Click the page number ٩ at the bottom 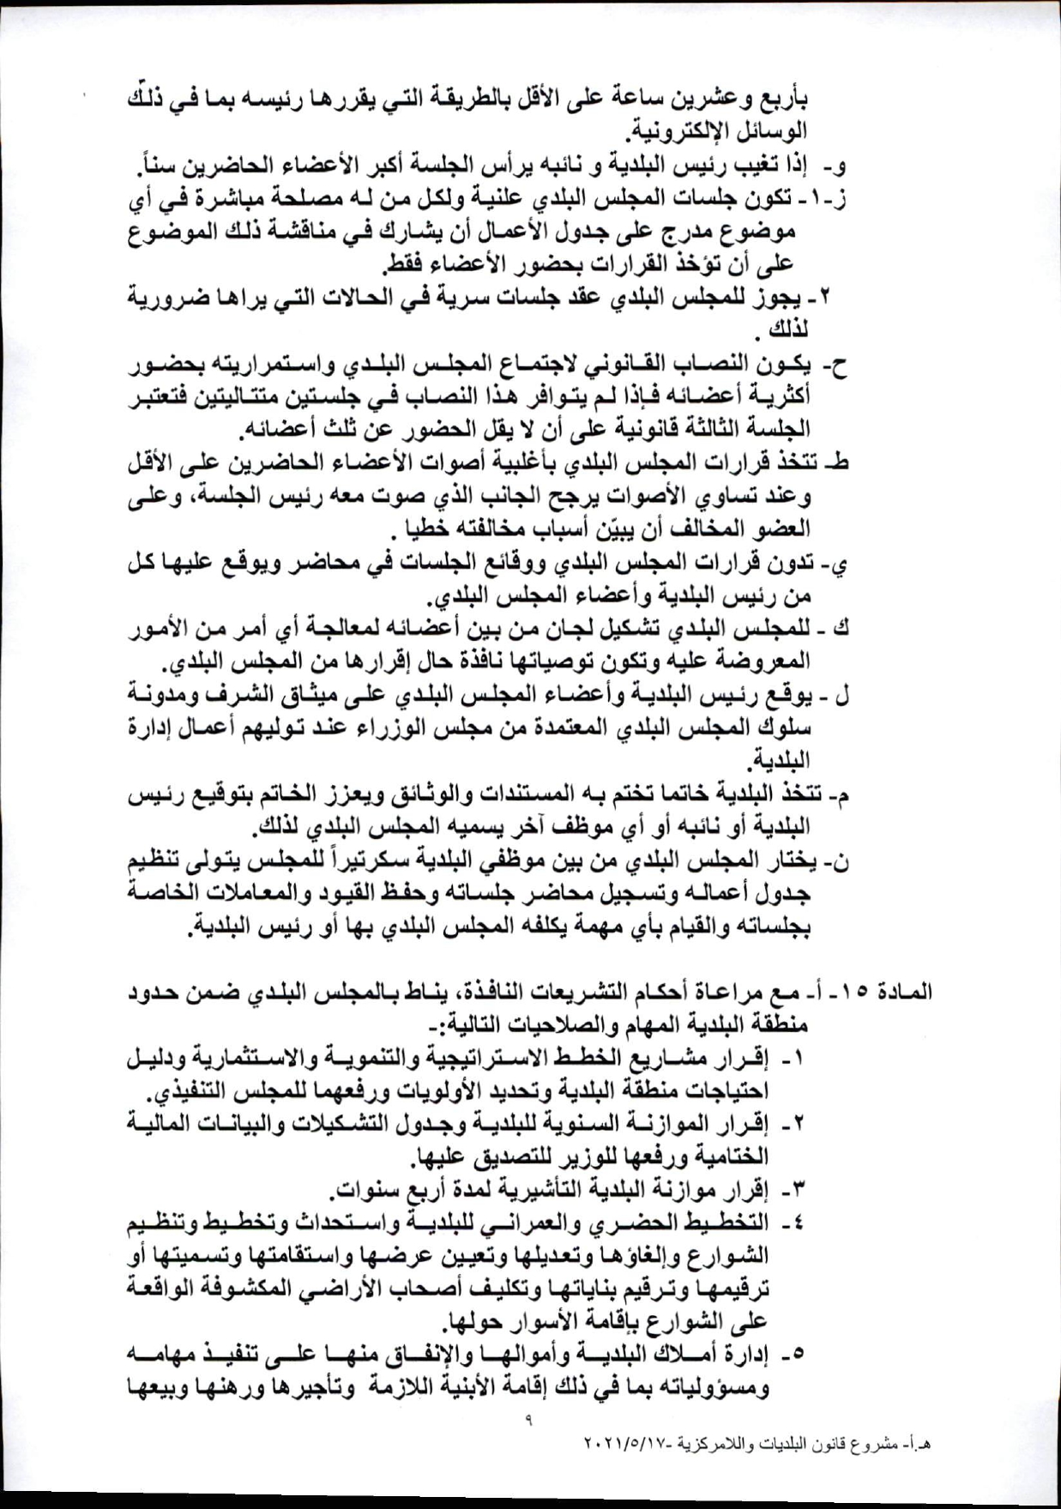[528, 1420]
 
